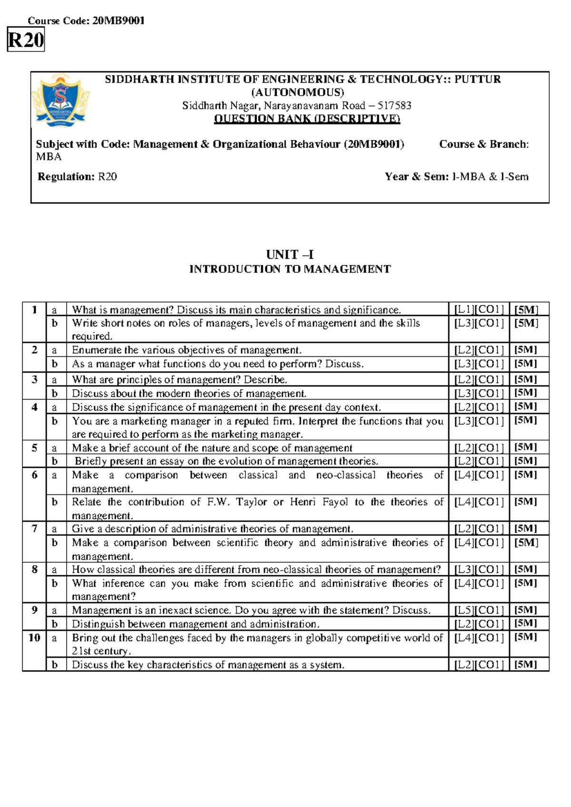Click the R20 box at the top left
(26, 40)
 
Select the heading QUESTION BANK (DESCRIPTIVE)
(307, 118)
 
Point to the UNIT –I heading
(290, 255)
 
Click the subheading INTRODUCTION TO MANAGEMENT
(290, 269)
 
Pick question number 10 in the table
(34, 638)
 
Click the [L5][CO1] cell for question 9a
(479, 610)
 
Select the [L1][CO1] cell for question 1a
(479, 310)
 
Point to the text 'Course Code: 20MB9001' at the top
(86, 20)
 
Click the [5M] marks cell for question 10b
(526, 665)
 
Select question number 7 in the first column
(34, 529)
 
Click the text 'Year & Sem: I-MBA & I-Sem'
(456, 177)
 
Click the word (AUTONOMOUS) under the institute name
(298, 92)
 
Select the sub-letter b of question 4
(55, 421)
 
